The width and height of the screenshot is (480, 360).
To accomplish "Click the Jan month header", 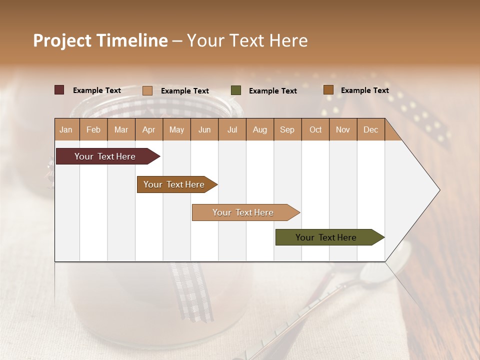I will (66, 129).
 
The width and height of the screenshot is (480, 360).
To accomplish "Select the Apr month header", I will (148, 129).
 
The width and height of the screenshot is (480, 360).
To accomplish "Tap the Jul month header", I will (232, 129).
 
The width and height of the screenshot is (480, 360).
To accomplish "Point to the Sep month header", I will (287, 129).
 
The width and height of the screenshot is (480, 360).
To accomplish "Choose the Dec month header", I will (370, 129).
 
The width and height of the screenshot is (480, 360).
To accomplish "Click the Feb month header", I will (93, 129).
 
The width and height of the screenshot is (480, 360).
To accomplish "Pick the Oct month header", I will (315, 129).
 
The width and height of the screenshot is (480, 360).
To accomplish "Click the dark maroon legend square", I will (59, 90).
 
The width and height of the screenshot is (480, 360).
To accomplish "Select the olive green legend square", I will (236, 90).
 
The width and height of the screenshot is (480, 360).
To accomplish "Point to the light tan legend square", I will (147, 90).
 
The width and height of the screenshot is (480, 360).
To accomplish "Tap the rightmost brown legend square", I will (328, 90).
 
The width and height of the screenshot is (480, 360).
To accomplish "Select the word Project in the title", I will (62, 40).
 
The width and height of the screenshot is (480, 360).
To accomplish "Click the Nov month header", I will (343, 129).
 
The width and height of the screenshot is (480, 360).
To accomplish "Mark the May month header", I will (176, 129).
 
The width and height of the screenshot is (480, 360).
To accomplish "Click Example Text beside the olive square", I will (272, 91).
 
